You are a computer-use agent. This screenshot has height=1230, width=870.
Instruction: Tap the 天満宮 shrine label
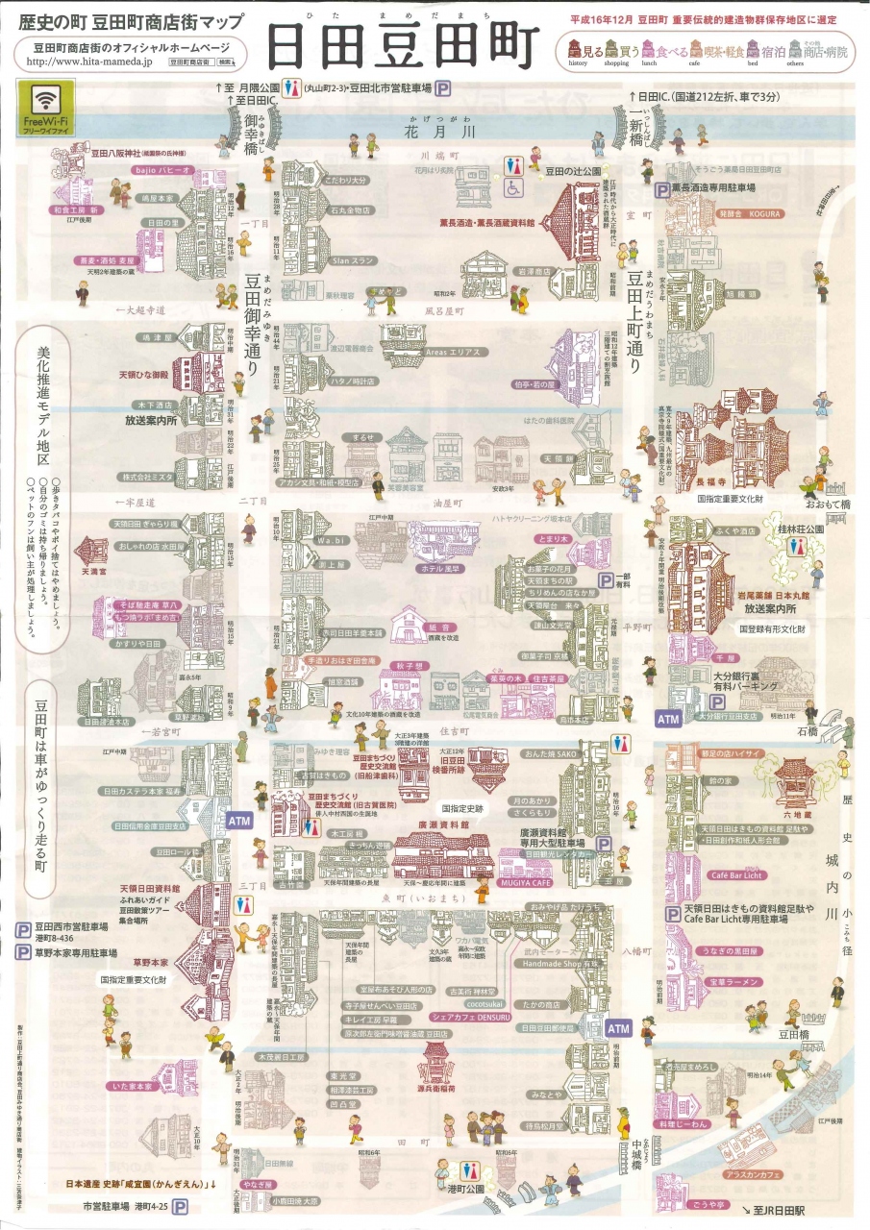pos(92,571)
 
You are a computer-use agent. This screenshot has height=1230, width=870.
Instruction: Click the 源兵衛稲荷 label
pos(435,1090)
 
